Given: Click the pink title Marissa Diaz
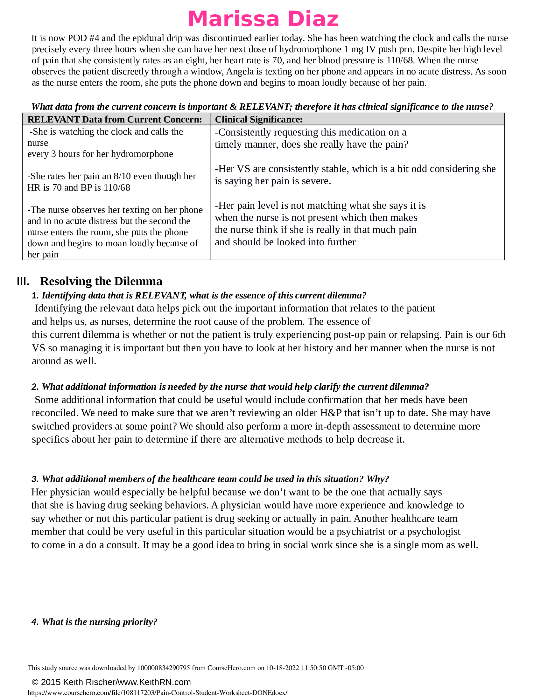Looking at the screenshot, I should coord(263,19).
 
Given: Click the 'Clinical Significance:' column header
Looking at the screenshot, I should coord(259,119).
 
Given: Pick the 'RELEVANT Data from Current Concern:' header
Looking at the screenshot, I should coord(115,119).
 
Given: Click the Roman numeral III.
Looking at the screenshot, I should coord(23,281).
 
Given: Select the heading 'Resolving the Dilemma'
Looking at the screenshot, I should coord(101,281).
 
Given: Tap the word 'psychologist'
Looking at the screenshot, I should coord(434,531).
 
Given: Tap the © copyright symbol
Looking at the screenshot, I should coord(35,682).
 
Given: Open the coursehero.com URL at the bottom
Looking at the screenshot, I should coord(157,693).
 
